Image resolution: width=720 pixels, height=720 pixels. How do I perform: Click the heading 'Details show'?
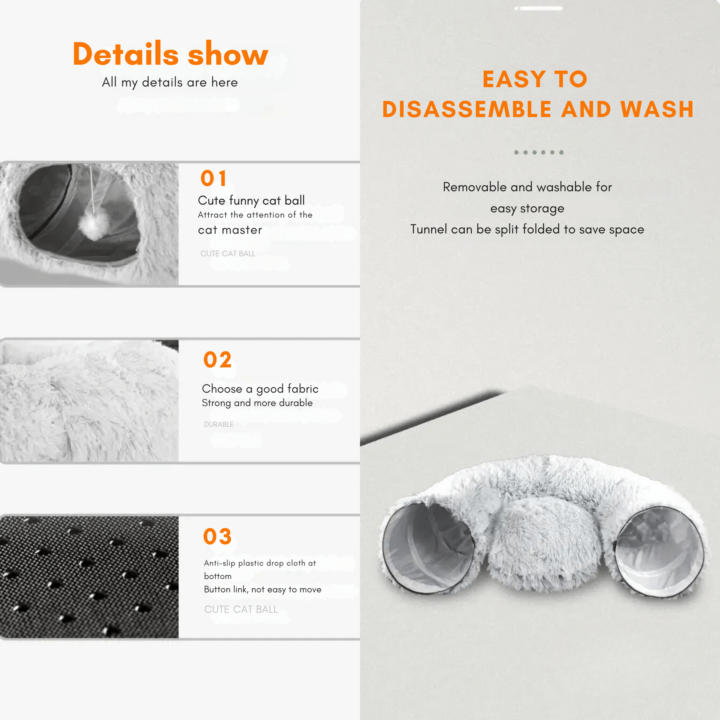point(170,54)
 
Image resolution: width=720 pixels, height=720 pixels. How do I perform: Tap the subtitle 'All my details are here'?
point(170,83)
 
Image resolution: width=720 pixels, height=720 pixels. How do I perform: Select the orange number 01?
point(213,178)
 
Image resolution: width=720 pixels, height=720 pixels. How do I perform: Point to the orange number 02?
point(218,360)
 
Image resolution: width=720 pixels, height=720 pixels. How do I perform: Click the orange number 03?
point(218,536)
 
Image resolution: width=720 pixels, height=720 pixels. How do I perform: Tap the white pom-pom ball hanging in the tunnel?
point(94,225)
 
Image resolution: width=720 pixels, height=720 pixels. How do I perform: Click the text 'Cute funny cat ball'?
point(252,201)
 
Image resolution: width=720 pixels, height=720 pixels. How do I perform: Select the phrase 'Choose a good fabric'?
point(260,389)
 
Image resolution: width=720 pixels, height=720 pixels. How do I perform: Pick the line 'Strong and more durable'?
point(257,403)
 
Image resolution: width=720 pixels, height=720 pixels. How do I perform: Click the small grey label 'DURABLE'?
point(219,424)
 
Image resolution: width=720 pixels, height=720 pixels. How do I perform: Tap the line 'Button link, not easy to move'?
point(263,589)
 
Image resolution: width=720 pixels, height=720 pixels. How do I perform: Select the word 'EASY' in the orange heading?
point(514,79)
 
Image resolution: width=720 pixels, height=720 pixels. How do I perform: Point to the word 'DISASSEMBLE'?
point(467,109)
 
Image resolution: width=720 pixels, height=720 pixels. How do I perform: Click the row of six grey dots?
point(538,152)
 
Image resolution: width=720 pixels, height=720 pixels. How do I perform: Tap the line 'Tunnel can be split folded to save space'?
point(527,229)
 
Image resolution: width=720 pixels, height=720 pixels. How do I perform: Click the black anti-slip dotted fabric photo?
point(90,577)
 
